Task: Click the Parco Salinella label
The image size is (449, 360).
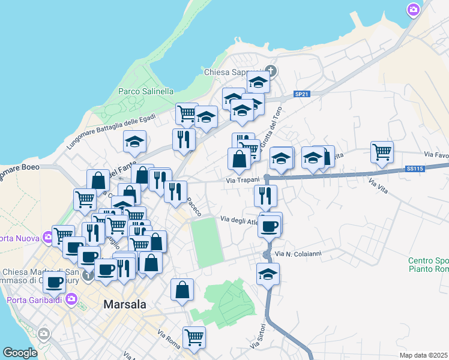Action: click(146, 91)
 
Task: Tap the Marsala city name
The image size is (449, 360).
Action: click(125, 304)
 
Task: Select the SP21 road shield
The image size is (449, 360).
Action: click(302, 94)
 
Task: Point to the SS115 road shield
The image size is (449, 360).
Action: click(415, 169)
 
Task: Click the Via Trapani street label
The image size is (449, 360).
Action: click(243, 180)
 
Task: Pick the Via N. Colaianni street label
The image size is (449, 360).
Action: click(298, 254)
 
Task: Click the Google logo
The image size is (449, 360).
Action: click(20, 353)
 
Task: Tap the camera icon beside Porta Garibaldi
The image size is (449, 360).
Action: click(71, 298)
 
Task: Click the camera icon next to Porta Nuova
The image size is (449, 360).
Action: click(47, 238)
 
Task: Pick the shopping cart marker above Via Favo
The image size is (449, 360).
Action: click(381, 152)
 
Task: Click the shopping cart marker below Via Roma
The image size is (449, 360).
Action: click(194, 337)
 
